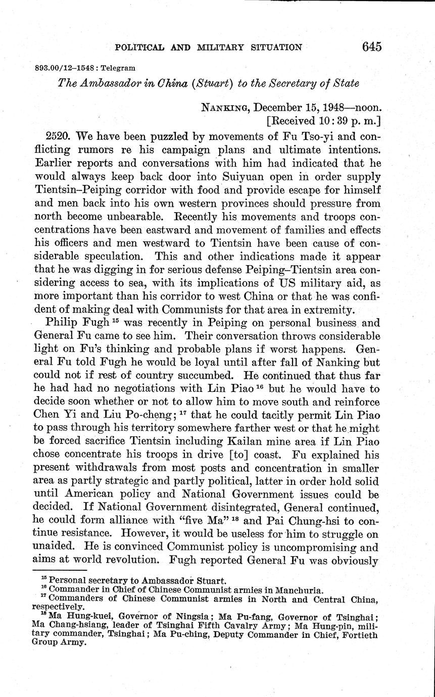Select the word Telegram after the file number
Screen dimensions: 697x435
pos(118,67)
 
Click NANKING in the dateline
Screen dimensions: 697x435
pos(224,107)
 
